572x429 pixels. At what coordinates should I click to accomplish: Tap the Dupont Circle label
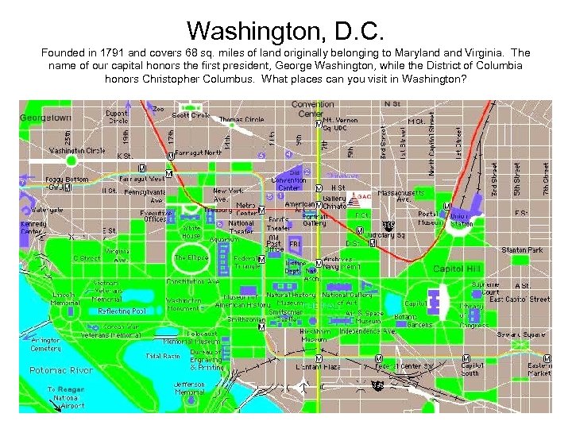118,118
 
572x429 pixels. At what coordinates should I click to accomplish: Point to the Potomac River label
60,370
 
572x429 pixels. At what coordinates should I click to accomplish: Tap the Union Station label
461,218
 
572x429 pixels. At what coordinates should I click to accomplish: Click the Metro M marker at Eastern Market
548,358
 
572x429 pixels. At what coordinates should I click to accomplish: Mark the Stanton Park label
522,250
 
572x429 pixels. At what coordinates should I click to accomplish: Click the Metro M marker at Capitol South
466,358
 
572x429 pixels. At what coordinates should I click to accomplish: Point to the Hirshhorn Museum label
302,334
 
